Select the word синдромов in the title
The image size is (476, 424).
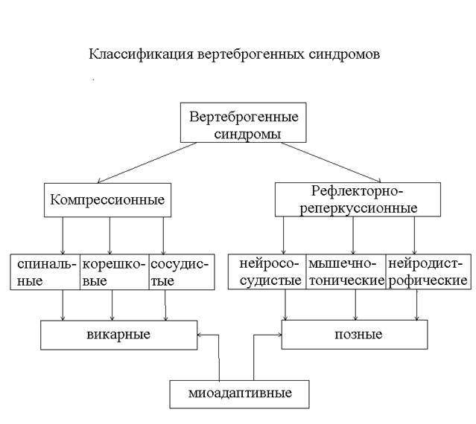coord(344,55)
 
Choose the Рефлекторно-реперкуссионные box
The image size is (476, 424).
coord(358,199)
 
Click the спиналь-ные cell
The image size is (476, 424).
coord(44,272)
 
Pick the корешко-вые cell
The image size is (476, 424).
coord(113,272)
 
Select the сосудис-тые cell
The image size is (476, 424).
coord(178,272)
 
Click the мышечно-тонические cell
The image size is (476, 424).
coord(346,272)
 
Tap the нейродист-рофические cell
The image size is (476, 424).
coord(428,272)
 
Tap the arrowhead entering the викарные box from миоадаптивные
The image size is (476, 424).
coord(201,335)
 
